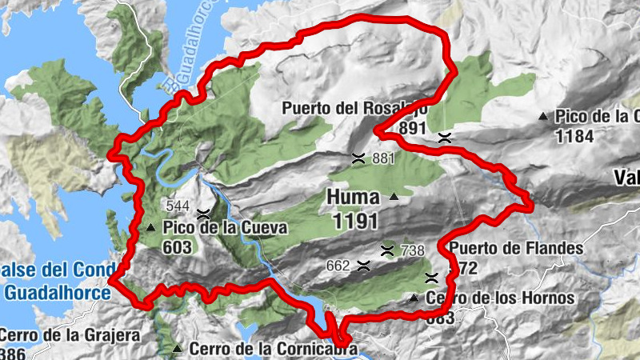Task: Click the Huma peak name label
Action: [353, 196]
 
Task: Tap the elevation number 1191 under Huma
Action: [353, 218]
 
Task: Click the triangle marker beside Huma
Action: [394, 197]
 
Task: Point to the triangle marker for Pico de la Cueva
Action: [151, 228]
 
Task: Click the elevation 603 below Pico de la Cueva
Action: [177, 247]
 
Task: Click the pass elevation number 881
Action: [384, 158]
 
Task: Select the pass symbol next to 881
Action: [359, 158]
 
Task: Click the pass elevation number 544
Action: [178, 206]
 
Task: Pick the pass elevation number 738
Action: [412, 250]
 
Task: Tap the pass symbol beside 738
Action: [388, 250]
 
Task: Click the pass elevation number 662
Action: [339, 265]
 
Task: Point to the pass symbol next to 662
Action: [364, 265]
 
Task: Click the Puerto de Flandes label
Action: [516, 248]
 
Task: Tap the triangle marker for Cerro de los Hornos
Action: [414, 298]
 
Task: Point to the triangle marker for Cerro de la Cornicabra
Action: [177, 348]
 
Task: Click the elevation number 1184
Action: [575, 136]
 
